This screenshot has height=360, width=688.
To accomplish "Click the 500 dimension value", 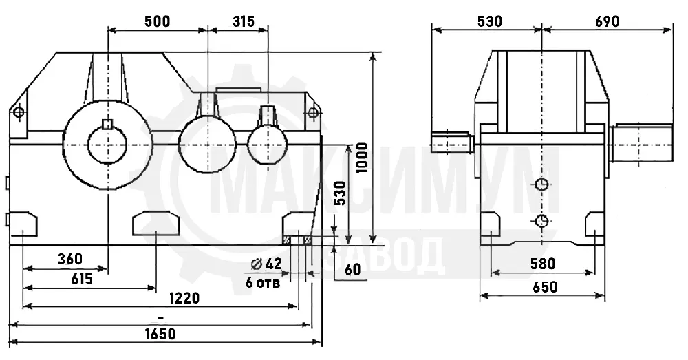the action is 157,21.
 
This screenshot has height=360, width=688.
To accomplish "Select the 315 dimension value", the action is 243,21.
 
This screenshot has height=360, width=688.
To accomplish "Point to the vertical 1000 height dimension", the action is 362,158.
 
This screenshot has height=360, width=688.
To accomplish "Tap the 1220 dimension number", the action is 184,299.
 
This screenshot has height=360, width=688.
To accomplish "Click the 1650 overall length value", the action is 160,334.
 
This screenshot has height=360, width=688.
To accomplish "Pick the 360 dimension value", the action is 69,259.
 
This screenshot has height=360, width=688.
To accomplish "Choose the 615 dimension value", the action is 81,279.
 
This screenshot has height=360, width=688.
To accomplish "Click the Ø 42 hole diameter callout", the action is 266,264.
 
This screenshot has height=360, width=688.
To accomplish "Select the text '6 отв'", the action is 263,283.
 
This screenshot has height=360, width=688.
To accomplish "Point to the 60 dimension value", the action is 353,268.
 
